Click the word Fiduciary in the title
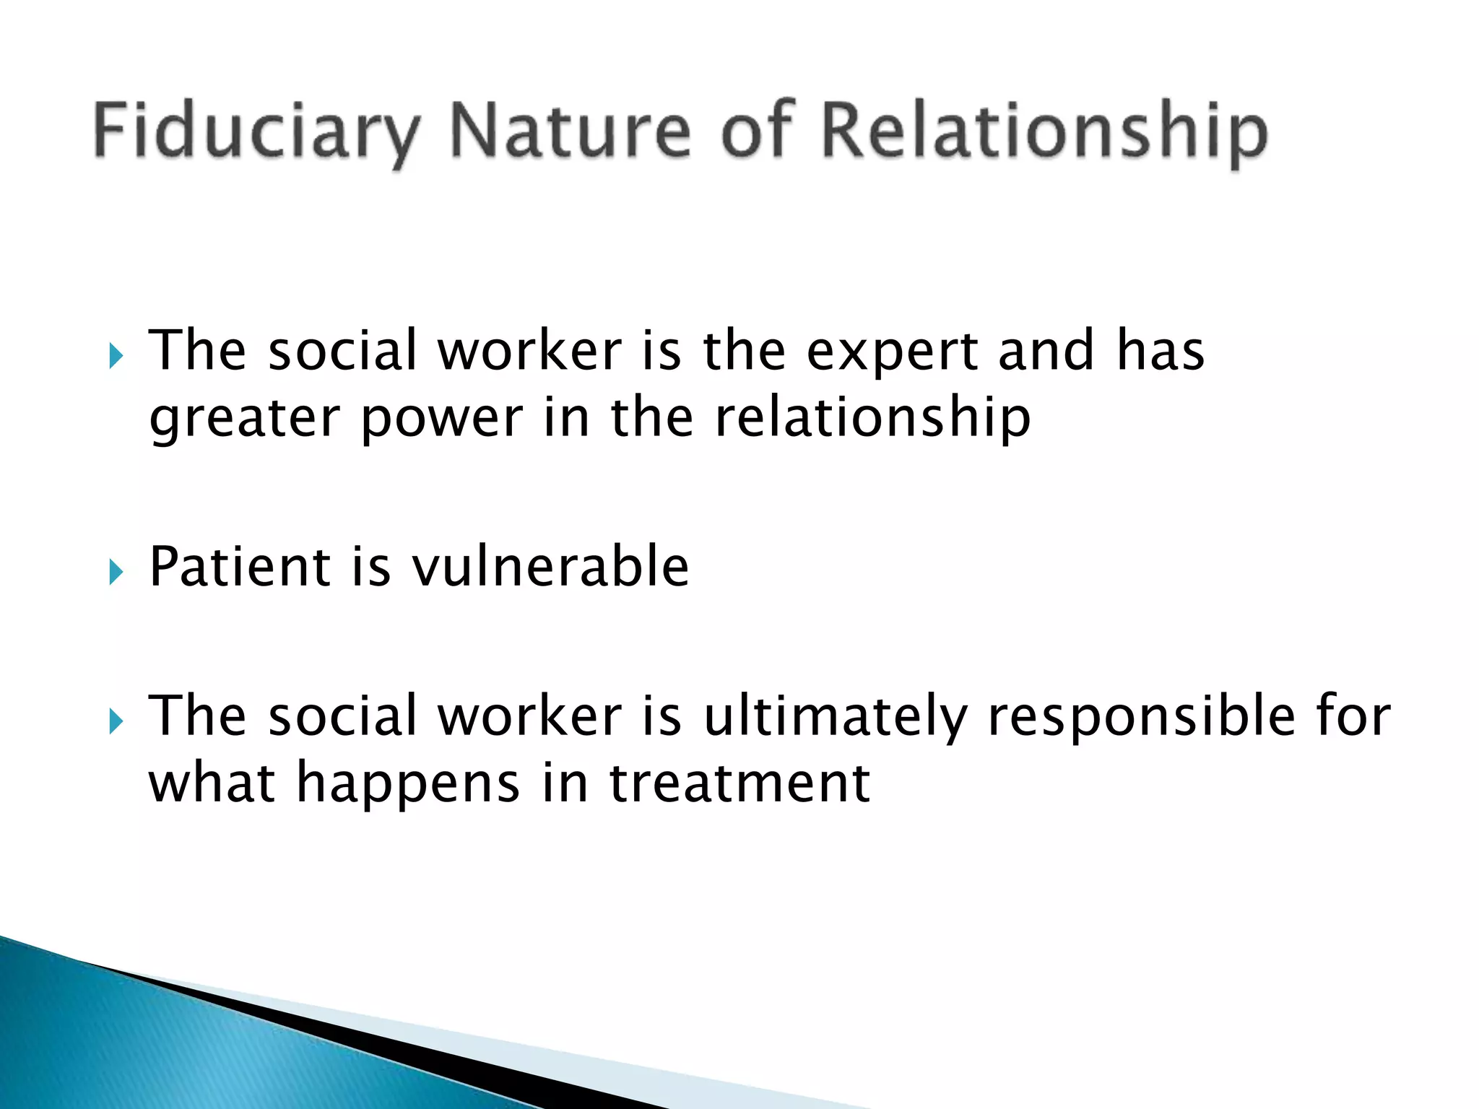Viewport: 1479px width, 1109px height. (x=256, y=131)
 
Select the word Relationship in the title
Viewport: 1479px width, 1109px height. (x=1044, y=131)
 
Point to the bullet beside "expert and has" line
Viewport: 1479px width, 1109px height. (x=116, y=356)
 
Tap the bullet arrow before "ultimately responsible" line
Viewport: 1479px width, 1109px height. (x=116, y=721)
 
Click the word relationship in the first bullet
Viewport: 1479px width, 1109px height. (x=872, y=419)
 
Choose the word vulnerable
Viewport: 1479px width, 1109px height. (x=550, y=567)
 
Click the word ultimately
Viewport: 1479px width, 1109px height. (x=835, y=717)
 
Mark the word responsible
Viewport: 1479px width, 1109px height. (x=1141, y=717)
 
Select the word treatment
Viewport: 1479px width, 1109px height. (x=739, y=784)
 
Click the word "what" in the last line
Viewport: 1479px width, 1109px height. (x=212, y=784)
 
